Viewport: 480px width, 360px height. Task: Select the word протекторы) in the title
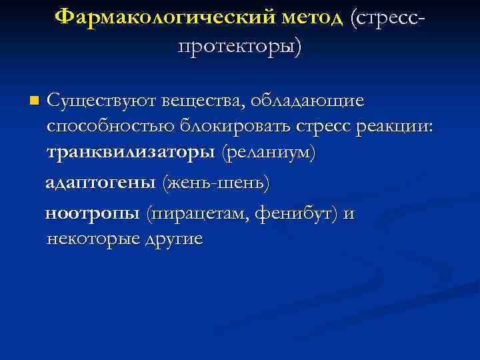coord(240,45)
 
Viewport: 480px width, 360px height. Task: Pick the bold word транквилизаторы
coord(131,154)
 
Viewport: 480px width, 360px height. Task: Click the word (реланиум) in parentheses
coord(269,154)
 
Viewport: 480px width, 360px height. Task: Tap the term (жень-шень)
coord(218,182)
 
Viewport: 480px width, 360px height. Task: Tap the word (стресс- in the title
coord(387,16)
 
